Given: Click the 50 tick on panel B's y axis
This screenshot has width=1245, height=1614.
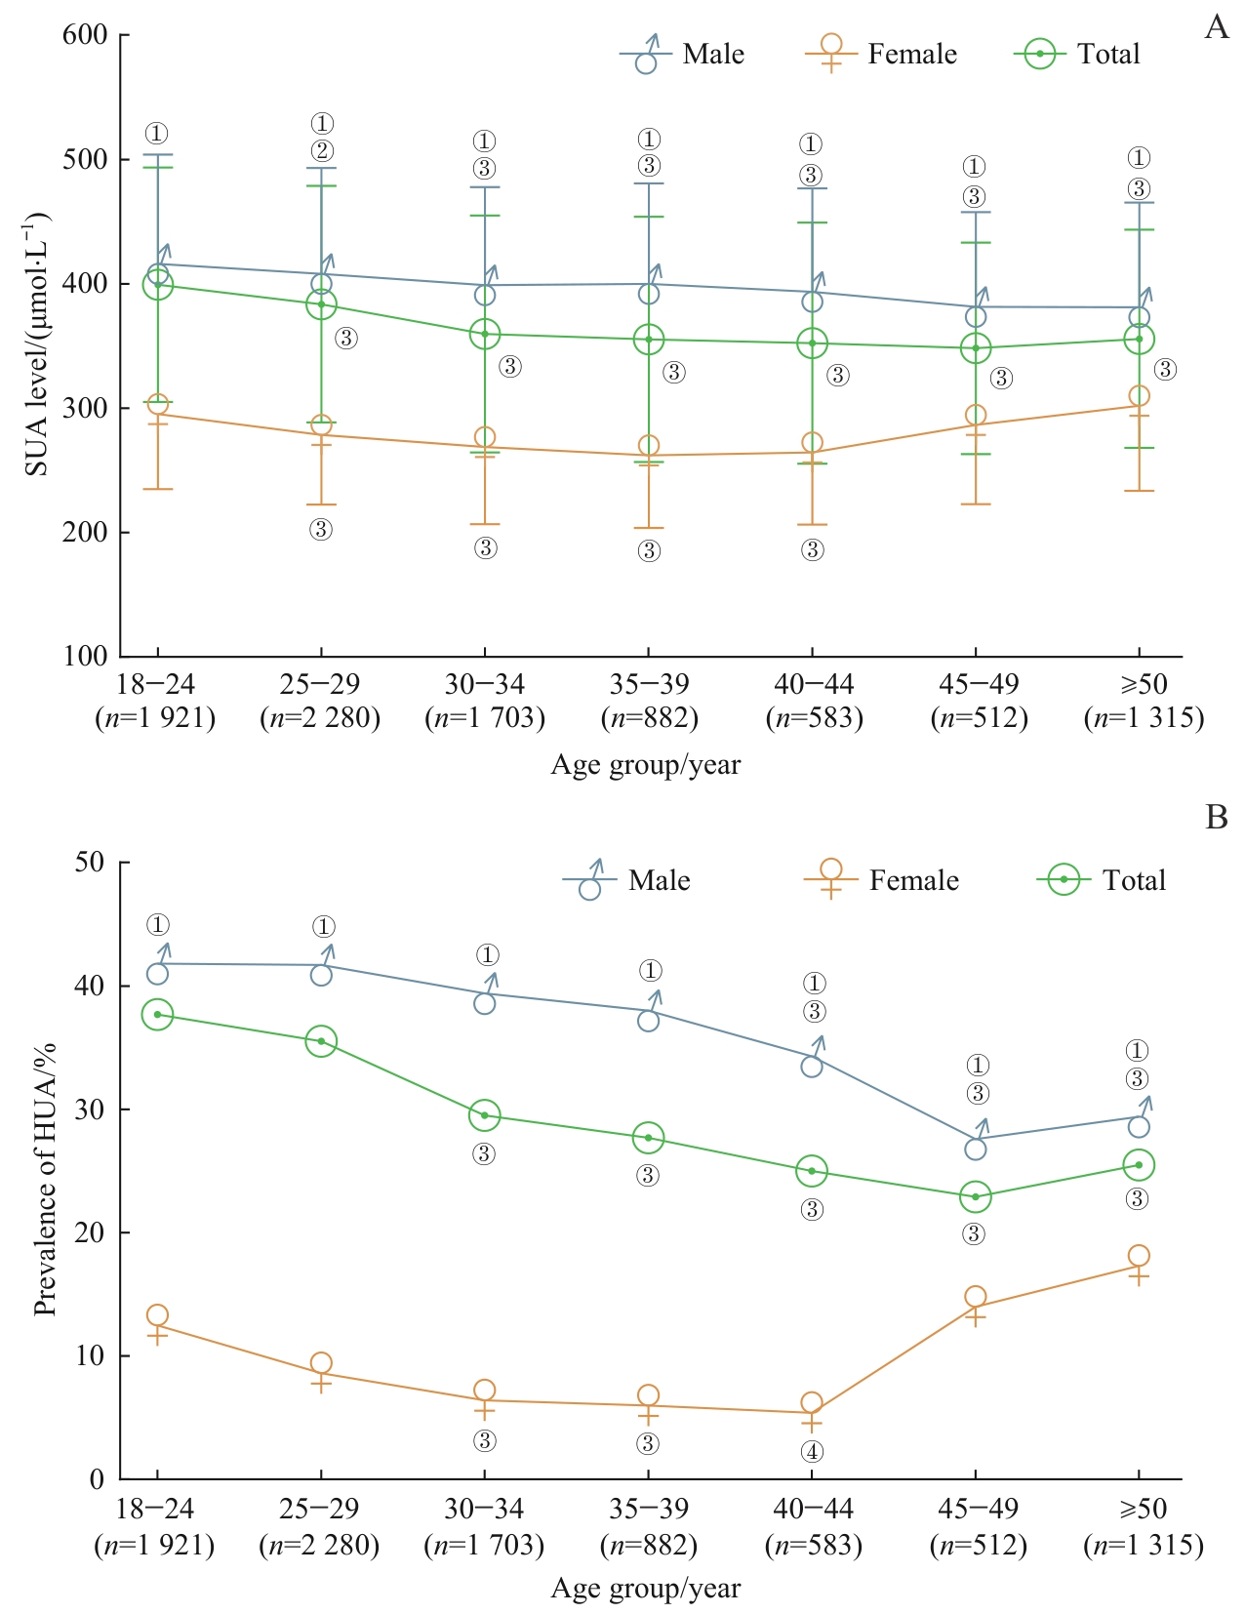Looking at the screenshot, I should pyautogui.click(x=90, y=863).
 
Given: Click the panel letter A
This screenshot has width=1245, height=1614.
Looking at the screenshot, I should pyautogui.click(x=1216, y=27).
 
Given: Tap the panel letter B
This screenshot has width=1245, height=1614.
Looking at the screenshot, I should pyautogui.click(x=1216, y=817).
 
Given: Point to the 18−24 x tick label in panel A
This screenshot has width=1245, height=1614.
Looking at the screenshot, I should pyautogui.click(x=155, y=685).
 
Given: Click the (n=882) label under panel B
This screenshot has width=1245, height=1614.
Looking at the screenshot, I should pyautogui.click(x=648, y=1546).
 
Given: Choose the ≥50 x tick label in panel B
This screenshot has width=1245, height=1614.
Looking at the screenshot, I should pyautogui.click(x=1143, y=1510).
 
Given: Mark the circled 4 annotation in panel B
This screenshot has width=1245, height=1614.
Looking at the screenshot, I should pyautogui.click(x=812, y=1452).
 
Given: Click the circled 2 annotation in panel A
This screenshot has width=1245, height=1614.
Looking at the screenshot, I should pyautogui.click(x=322, y=151).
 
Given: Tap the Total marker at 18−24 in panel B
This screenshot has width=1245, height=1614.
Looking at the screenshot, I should pyautogui.click(x=157, y=1015).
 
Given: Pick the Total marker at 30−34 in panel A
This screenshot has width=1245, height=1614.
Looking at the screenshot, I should pyautogui.click(x=485, y=334).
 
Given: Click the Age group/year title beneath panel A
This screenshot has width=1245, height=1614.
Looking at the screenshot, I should pyautogui.click(x=645, y=765).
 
